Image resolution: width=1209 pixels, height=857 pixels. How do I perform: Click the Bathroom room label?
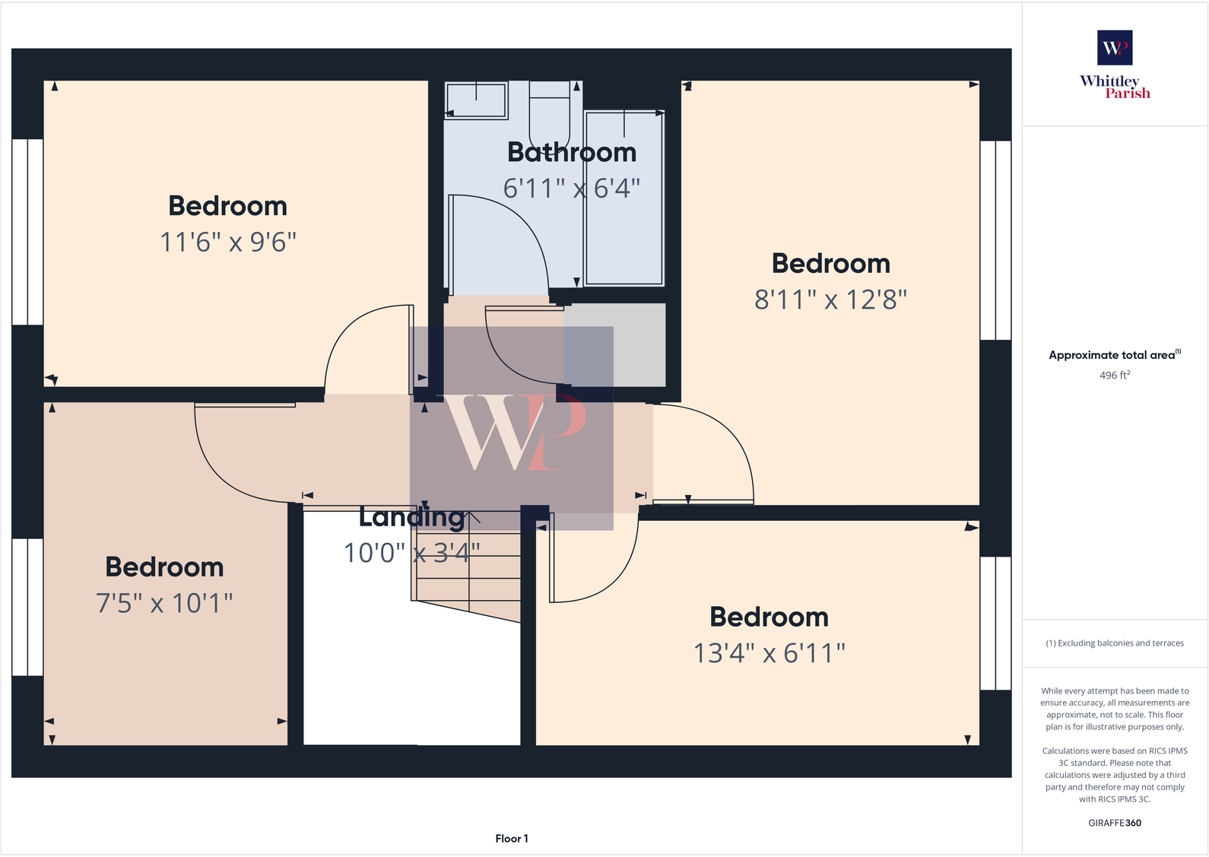point(572,153)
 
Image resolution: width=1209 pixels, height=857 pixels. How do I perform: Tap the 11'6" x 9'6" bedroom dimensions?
point(228,243)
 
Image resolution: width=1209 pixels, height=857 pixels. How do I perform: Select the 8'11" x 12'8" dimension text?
point(830,300)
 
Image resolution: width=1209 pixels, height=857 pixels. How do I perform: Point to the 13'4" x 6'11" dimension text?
point(769,653)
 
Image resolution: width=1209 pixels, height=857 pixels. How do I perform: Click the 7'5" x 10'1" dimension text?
point(164,604)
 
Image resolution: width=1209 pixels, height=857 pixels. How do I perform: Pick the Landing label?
point(411,518)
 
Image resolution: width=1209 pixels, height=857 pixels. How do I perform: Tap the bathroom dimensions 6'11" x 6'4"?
point(572,189)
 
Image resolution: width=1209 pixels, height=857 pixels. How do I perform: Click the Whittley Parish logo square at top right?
point(1115,48)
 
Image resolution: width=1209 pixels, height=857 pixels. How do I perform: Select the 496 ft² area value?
point(1115,376)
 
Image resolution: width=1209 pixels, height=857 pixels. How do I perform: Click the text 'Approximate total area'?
point(1112,355)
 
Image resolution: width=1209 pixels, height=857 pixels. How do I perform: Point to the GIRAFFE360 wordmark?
point(1115,823)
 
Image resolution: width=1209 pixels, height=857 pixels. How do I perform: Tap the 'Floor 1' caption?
point(512,839)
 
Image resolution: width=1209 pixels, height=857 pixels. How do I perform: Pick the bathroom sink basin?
point(476,100)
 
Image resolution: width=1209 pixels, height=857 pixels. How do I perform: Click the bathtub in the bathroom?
point(624,198)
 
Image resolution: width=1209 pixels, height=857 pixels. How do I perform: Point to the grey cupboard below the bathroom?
point(614,344)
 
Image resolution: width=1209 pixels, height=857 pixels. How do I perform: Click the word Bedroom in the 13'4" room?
point(769,617)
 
